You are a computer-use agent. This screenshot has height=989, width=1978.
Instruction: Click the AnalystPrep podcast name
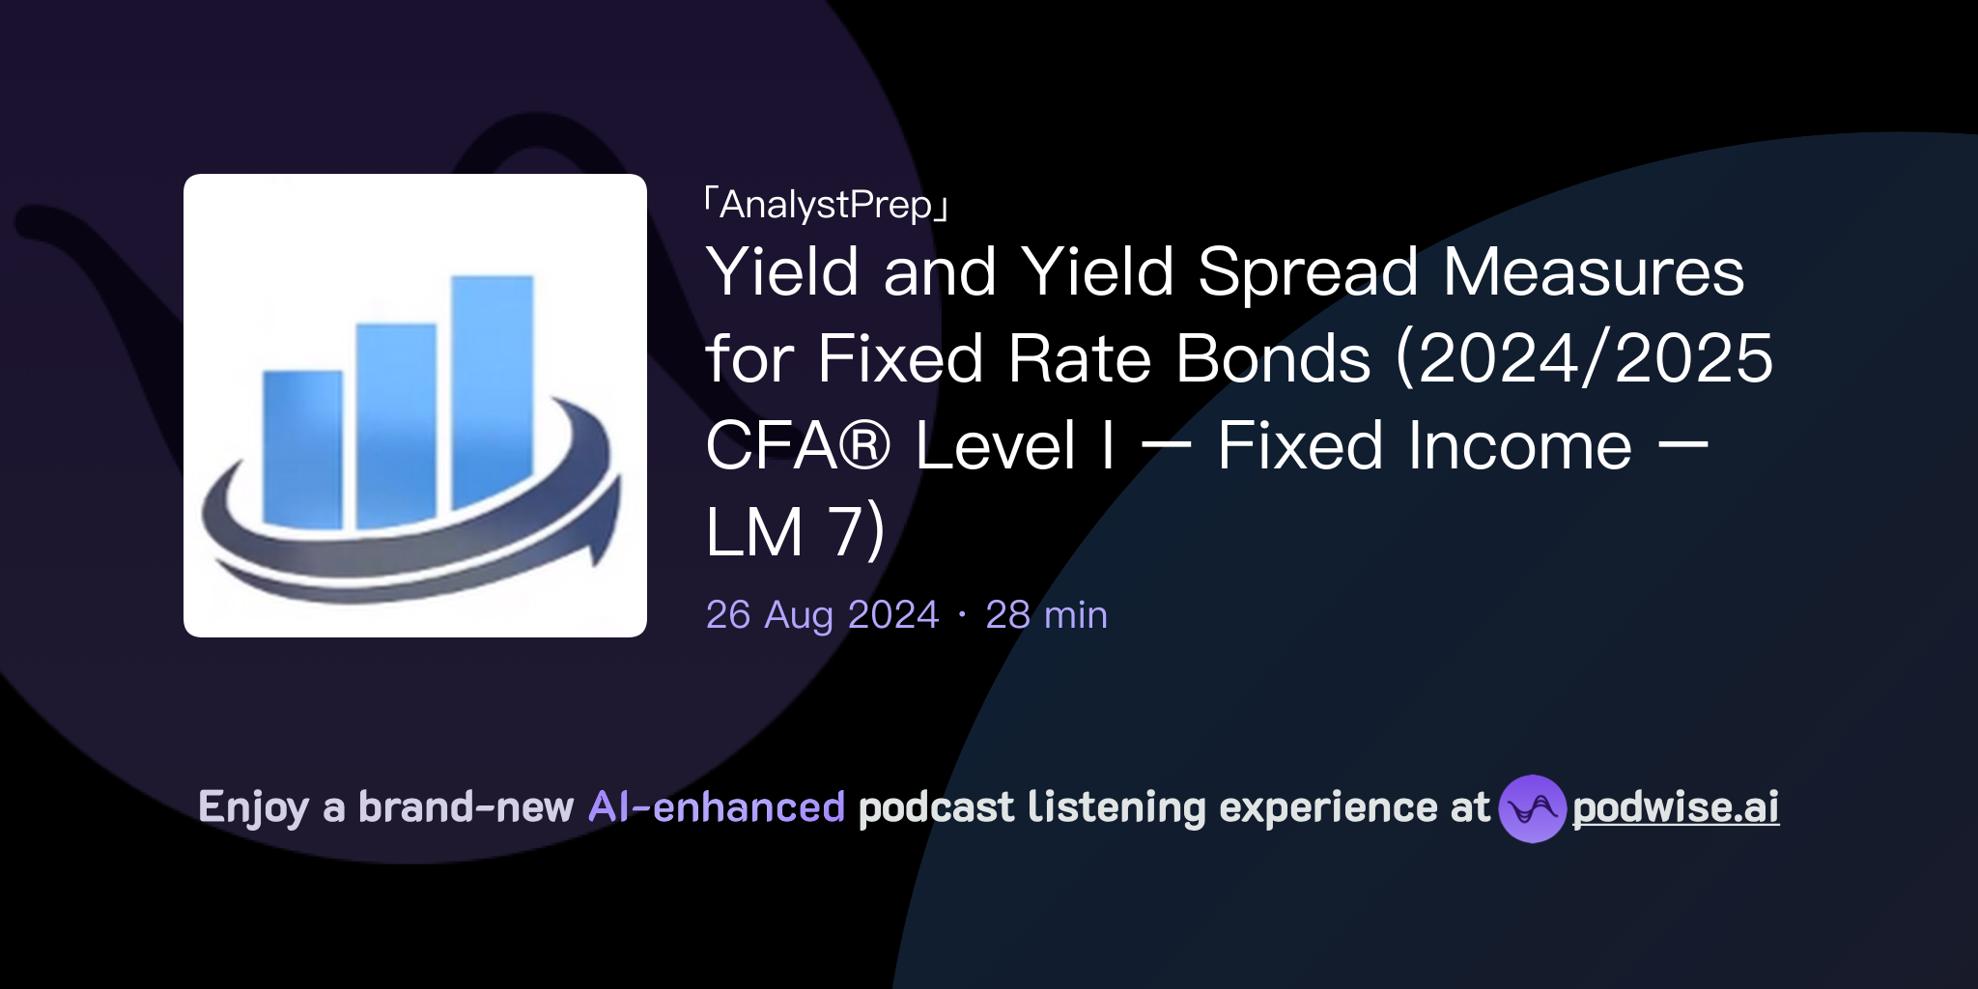[x=827, y=205]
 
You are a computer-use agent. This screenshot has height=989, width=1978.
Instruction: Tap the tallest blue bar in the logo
[x=493, y=386]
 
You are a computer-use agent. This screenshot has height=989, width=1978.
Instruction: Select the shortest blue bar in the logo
[x=302, y=449]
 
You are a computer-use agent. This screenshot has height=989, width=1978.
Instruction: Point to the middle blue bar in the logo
[x=396, y=425]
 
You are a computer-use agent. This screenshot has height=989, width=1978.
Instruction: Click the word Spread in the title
[x=1308, y=272]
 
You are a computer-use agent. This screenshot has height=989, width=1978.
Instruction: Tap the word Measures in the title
[x=1594, y=272]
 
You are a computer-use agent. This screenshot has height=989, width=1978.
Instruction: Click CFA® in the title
[x=798, y=446]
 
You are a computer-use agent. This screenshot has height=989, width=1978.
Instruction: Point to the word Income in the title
[x=1520, y=446]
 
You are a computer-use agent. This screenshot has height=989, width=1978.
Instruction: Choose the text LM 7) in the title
[x=794, y=532]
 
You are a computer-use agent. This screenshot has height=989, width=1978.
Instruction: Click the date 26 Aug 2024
[x=822, y=615]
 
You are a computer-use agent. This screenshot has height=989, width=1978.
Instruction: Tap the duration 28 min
[x=1046, y=615]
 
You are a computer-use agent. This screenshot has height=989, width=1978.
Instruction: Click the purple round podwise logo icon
[x=1532, y=808]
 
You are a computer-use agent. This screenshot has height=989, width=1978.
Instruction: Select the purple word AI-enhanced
[x=717, y=807]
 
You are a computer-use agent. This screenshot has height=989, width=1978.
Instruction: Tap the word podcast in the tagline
[x=936, y=807]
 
